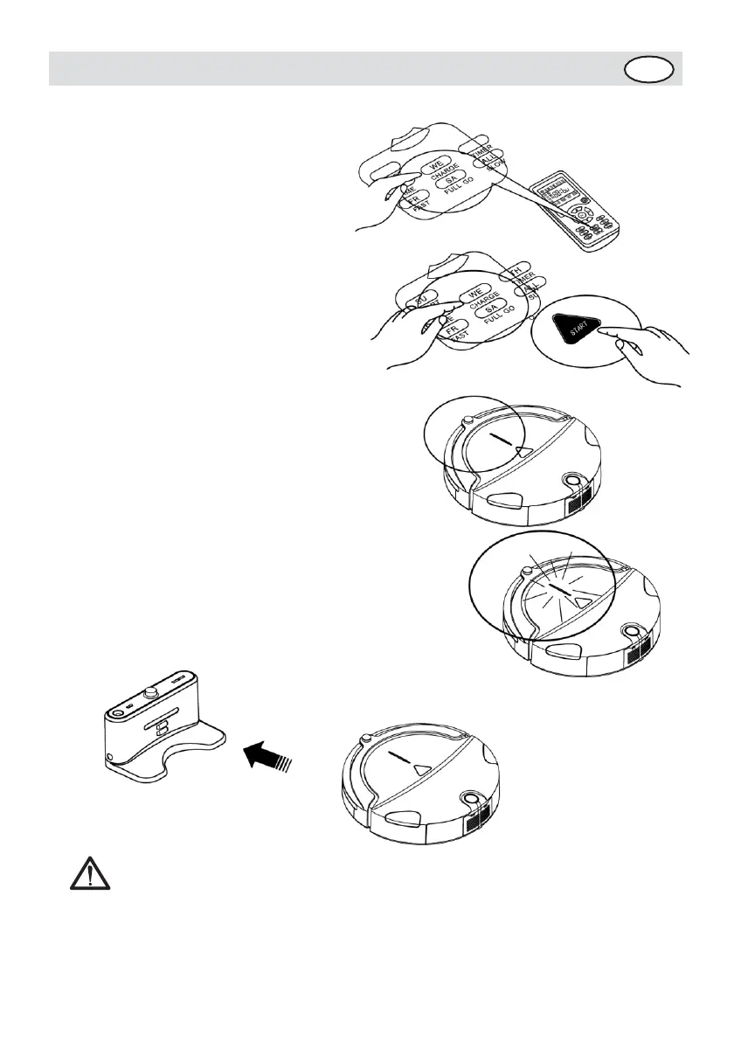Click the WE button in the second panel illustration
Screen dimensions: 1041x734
475,293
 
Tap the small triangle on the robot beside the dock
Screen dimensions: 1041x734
423,769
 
